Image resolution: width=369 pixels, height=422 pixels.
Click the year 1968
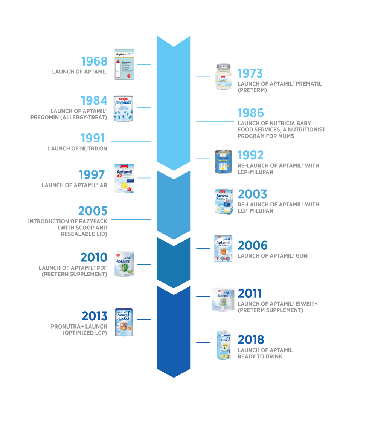pyautogui.click(x=94, y=61)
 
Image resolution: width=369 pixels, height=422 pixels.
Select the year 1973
pyautogui.click(x=250, y=73)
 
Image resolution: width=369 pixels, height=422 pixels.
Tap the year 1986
pyautogui.click(x=251, y=113)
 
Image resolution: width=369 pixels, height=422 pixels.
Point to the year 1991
pyautogui.click(x=93, y=138)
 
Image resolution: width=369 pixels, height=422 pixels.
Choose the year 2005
pyautogui.click(x=93, y=211)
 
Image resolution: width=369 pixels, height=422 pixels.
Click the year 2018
pyautogui.click(x=251, y=340)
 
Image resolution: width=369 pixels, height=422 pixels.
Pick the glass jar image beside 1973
pyautogui.click(x=224, y=76)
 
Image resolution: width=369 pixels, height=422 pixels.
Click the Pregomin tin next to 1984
pyautogui.click(x=124, y=109)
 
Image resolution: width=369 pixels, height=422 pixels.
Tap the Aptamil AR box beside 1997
pyautogui.click(x=124, y=179)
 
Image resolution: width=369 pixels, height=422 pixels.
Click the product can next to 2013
pyautogui.click(x=124, y=322)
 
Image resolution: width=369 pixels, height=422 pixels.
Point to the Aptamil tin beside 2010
pyautogui.click(x=124, y=264)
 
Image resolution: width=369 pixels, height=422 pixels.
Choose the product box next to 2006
pyautogui.click(x=223, y=248)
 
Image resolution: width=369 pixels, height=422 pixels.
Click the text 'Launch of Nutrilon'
pyautogui.click(x=77, y=148)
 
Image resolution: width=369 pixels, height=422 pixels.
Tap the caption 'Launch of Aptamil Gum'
pyautogui.click(x=273, y=256)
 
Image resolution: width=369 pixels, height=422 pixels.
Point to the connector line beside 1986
pyautogui.click(x=215, y=121)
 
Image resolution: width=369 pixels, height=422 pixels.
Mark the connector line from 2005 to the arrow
pyautogui.click(x=131, y=219)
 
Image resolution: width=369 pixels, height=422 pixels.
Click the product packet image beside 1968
pyautogui.click(x=124, y=64)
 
